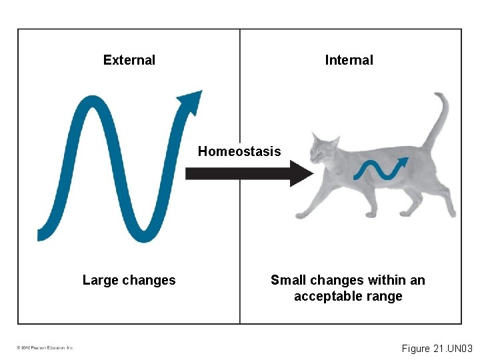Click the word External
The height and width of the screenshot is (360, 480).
(129, 60)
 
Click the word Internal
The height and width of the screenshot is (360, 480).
(349, 60)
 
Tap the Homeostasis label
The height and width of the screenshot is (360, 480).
(239, 151)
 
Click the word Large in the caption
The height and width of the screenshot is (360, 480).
(99, 280)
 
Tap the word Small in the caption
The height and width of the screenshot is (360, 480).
(287, 280)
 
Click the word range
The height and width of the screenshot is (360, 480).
(385, 296)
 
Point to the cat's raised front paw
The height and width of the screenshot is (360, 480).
(301, 215)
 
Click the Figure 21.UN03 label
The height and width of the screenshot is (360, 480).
(437, 349)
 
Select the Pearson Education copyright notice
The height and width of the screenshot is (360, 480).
(45, 347)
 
